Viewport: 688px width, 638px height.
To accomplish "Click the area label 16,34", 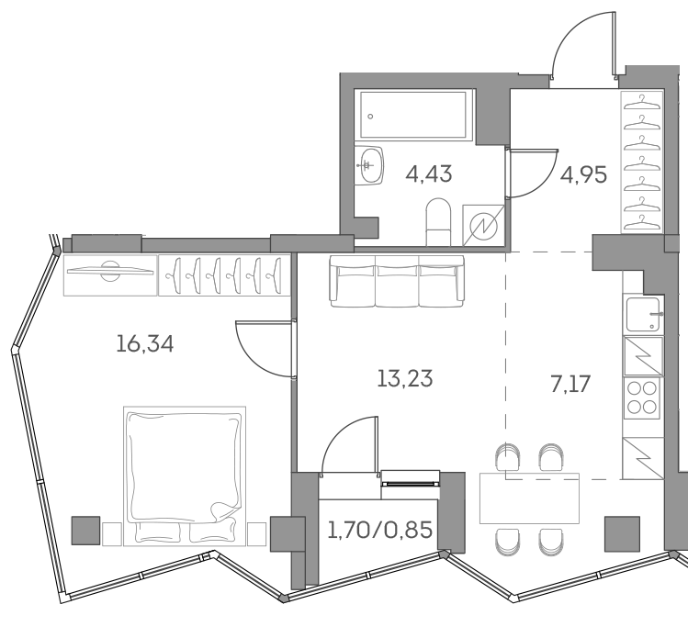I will coord(145,344).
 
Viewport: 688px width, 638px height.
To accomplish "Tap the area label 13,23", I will coord(405,377).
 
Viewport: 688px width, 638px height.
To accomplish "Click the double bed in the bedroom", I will coord(184,473).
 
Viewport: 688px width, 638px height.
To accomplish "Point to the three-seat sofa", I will coord(396,279).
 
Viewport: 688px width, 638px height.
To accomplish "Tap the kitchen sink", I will coord(642,315).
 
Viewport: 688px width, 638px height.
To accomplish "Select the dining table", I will coord(530,500).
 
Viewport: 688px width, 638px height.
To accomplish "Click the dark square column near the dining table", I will coord(622,532).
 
